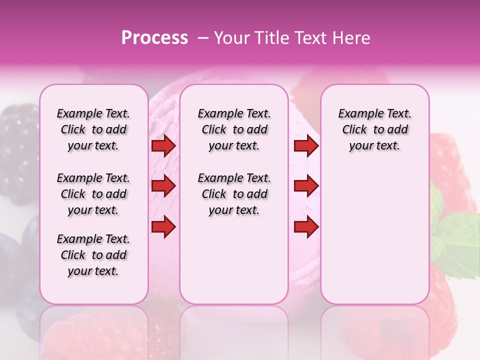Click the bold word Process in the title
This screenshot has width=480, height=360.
(x=154, y=38)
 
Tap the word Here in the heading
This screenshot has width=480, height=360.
(x=350, y=38)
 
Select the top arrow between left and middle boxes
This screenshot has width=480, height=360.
(x=163, y=145)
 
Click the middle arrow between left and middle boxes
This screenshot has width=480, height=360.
(x=163, y=186)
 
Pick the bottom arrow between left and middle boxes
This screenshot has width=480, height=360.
(x=163, y=226)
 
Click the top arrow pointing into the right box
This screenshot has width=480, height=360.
(x=306, y=145)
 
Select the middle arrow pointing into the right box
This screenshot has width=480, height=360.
(x=306, y=186)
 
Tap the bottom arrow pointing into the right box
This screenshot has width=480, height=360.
(x=306, y=226)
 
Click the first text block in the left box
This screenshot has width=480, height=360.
(x=93, y=129)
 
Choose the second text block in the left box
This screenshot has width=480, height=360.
(x=93, y=194)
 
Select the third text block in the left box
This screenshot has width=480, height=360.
(x=93, y=255)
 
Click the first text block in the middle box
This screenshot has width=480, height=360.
(x=234, y=129)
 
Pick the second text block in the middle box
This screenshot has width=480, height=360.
(x=234, y=194)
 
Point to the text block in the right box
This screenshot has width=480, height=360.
(x=374, y=129)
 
